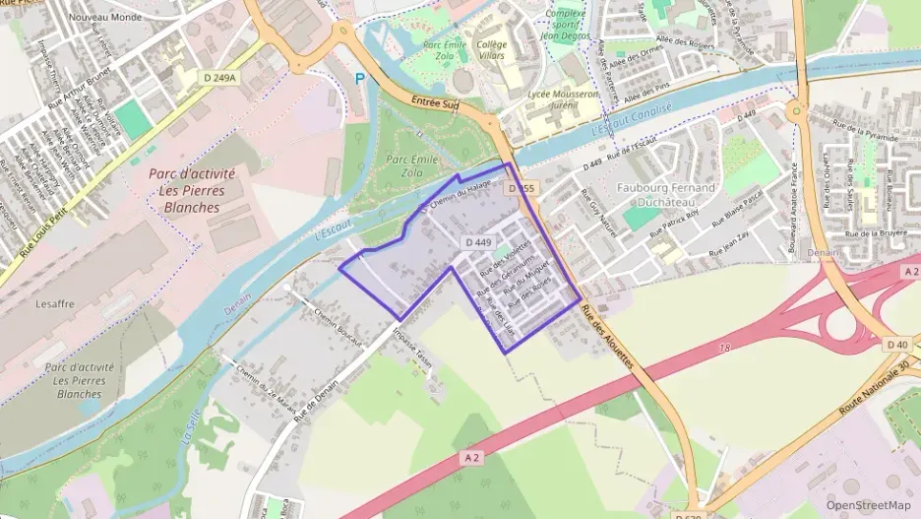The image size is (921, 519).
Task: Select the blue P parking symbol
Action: point(359,78)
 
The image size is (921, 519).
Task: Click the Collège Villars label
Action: point(491,50)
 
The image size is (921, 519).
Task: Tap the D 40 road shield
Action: point(896,344)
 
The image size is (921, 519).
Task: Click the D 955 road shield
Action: point(521,187)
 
